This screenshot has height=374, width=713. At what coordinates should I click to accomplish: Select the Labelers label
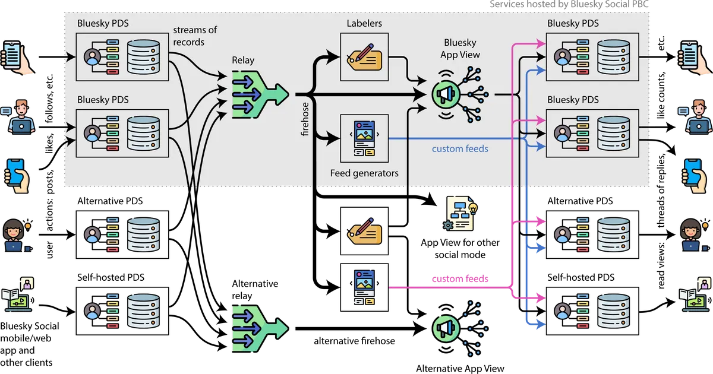click(364, 23)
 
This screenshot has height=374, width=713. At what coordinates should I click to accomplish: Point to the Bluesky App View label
click(460, 48)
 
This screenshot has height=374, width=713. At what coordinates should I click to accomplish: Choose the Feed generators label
click(364, 173)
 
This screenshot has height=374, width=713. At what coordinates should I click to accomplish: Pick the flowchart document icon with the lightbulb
click(460, 214)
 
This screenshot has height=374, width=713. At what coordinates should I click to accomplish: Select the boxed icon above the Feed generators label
click(364, 139)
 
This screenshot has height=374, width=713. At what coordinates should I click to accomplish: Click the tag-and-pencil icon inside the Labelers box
click(364, 57)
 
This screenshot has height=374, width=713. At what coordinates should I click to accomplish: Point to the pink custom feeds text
click(459, 278)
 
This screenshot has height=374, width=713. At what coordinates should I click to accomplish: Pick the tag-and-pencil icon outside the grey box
click(364, 232)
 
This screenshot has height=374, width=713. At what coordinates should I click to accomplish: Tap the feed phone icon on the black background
click(364, 287)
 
